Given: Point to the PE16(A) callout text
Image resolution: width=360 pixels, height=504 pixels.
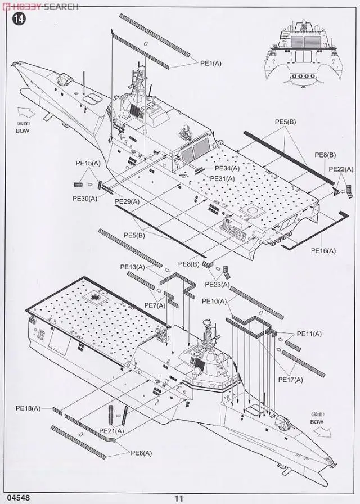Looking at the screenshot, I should point(323,250).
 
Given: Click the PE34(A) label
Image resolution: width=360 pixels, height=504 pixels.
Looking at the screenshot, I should point(226,168).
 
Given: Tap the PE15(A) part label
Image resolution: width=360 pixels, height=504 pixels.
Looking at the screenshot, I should point(88,163).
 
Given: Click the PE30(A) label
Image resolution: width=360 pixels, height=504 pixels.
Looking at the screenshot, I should point(85,198).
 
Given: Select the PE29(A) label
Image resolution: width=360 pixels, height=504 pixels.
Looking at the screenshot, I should point(127,201).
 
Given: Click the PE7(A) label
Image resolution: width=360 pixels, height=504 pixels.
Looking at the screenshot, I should point(155,305).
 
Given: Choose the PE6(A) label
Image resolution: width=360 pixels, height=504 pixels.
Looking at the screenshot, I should point(143,453).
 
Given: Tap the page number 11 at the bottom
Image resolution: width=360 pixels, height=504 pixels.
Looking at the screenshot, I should point(179,497).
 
